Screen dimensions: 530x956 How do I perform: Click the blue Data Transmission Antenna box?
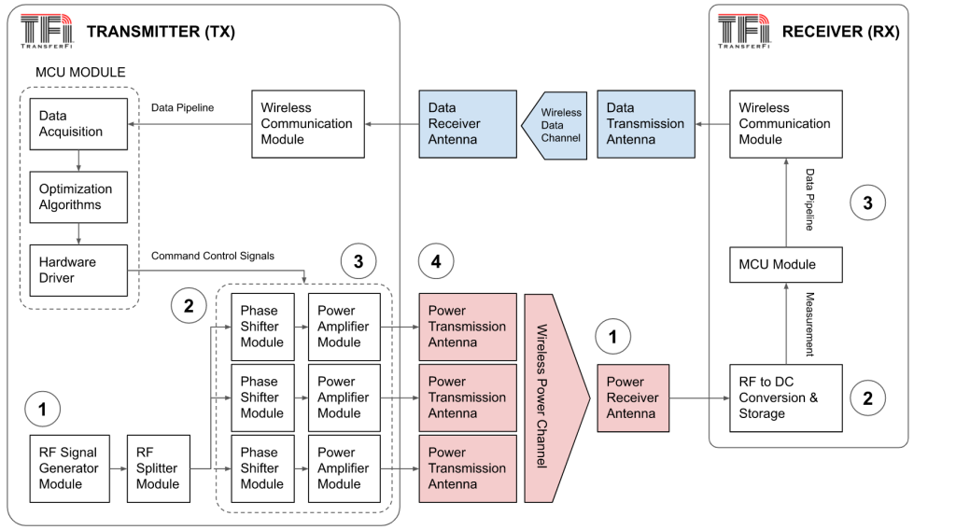point(645,123)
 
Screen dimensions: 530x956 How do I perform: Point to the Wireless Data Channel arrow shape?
point(558,123)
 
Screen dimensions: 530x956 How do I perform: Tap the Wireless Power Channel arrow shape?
point(553,397)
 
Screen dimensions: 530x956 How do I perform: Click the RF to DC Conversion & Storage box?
point(784,397)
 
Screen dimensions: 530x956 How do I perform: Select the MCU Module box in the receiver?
point(784,264)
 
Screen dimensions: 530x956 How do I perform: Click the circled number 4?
point(436,262)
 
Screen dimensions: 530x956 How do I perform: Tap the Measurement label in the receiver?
point(809,323)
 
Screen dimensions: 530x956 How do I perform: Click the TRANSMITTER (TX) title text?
point(161,32)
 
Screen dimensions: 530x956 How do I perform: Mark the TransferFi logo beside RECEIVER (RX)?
point(743,32)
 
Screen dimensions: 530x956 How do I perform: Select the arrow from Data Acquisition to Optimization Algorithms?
point(78,160)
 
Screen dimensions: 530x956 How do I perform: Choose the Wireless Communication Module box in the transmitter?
point(306,123)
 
